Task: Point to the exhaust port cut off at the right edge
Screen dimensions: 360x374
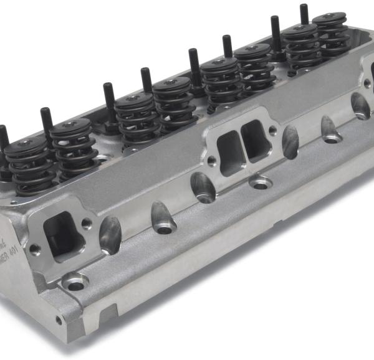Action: (x=368, y=69)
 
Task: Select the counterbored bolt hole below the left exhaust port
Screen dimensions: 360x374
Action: (x=75, y=285)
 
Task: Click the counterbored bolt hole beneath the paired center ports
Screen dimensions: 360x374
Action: (x=259, y=183)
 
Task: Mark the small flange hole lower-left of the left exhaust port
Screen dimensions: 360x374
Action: (x=35, y=249)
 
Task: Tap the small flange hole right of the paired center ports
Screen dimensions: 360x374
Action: (x=272, y=130)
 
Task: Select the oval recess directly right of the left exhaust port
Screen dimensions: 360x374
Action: (x=110, y=235)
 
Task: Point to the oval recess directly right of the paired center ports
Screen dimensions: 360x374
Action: (x=290, y=143)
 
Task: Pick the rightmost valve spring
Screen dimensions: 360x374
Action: (x=330, y=34)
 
